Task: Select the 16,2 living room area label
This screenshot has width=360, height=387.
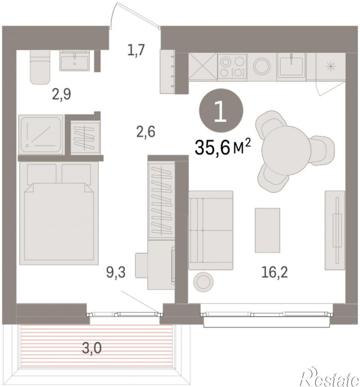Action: (x=275, y=272)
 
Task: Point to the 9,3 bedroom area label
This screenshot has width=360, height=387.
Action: (x=116, y=272)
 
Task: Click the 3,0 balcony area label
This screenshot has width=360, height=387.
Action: (x=91, y=348)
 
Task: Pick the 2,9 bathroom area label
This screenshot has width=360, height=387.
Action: (x=62, y=94)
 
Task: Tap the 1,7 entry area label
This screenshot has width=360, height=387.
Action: (x=136, y=50)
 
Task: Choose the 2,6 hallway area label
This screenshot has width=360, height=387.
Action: (x=145, y=131)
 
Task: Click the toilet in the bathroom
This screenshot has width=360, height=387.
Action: (x=40, y=67)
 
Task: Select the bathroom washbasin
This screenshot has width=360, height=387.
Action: (x=74, y=60)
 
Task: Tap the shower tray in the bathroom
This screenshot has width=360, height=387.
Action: (x=41, y=135)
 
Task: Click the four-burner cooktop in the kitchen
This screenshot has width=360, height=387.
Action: (x=232, y=67)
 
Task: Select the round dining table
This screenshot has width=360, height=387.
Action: (x=285, y=150)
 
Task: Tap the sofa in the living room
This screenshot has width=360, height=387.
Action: (x=211, y=230)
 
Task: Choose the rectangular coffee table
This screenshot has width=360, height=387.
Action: (x=268, y=231)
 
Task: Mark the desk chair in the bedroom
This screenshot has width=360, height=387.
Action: (x=142, y=265)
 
